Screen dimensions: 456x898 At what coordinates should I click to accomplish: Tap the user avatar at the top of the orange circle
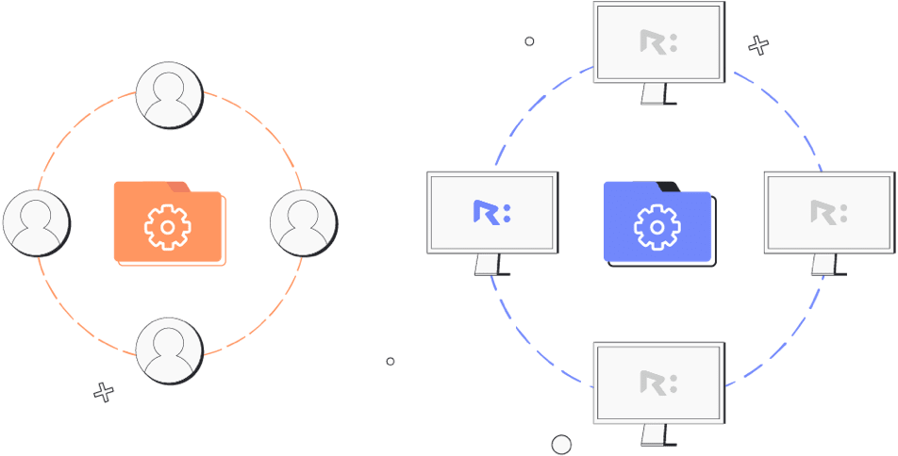(170, 94)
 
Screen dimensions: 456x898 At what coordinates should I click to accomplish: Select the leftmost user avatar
(36, 223)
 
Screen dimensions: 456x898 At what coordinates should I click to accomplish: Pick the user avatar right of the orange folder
(303, 223)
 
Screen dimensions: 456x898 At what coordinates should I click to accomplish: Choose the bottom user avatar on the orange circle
(169, 350)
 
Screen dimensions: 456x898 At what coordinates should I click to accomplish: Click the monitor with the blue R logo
(492, 212)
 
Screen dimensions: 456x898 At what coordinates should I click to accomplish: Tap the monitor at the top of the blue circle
(658, 42)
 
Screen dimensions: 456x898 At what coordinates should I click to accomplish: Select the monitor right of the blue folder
(828, 212)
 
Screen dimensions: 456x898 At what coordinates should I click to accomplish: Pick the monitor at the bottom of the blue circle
(658, 383)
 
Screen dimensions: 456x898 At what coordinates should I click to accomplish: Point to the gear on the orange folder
(168, 227)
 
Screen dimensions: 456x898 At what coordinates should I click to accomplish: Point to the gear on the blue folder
(657, 227)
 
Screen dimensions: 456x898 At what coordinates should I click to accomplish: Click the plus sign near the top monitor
(758, 45)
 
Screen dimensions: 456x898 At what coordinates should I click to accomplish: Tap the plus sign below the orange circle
(105, 392)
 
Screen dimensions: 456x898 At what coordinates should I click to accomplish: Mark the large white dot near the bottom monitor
(561, 444)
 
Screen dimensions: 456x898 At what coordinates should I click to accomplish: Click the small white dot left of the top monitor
(529, 41)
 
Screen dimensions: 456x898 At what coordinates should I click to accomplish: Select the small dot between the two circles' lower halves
(391, 361)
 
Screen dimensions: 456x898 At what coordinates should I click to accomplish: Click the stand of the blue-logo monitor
(487, 265)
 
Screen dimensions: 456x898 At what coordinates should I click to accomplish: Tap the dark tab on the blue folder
(667, 186)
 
